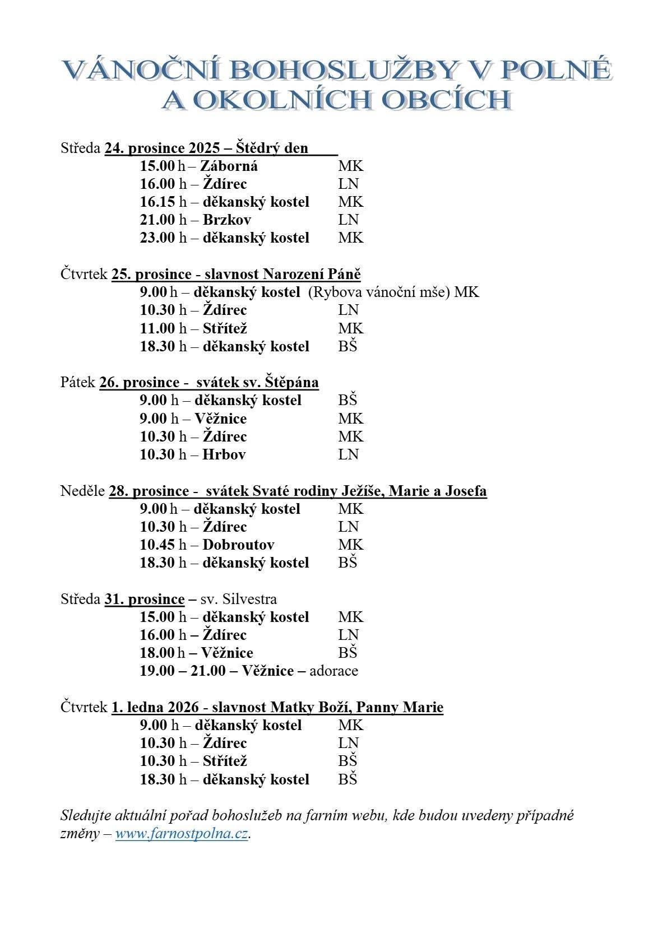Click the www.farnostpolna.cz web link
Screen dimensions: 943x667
click(182, 833)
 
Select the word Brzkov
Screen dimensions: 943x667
click(226, 220)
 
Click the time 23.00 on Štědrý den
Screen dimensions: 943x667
click(158, 238)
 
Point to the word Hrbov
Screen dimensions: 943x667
click(224, 454)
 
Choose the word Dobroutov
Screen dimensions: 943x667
click(238, 545)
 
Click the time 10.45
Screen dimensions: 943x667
click(158, 545)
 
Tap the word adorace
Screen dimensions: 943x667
click(333, 671)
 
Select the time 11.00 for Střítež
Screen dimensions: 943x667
click(158, 328)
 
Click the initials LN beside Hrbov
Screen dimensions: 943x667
click(348, 454)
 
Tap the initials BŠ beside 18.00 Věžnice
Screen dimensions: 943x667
click(348, 653)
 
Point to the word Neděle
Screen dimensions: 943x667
click(82, 491)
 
